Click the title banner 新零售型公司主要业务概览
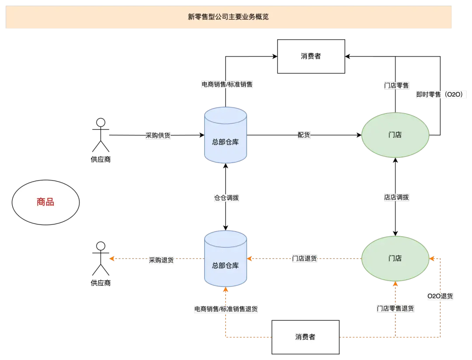pos(229,17)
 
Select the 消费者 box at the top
pos(311,56)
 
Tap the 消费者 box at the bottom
pos(305,337)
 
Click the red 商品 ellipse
pos(45,202)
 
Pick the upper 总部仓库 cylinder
pos(226,136)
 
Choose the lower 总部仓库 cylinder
pos(226,259)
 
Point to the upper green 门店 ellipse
pos(395,135)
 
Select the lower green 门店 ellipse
pos(395,259)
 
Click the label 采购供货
pos(158,136)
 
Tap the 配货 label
pos(304,135)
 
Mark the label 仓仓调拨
pos(226,198)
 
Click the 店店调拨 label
pos(396,197)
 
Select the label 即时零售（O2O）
pos(442,94)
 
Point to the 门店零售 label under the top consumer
pos(396,86)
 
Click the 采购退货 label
pos(161,260)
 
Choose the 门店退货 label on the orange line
pos(305,259)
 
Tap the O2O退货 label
pos(440,296)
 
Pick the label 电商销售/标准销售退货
pos(226,309)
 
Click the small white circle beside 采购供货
pos(101,122)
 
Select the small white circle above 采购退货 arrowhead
pos(101,246)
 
